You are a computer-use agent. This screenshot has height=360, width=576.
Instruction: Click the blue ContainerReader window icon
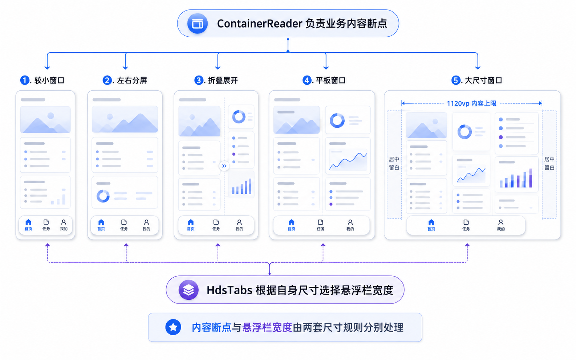click(197, 23)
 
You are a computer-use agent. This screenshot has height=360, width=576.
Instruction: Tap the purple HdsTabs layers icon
click(188, 290)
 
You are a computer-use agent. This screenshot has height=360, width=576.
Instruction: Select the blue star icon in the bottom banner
click(173, 327)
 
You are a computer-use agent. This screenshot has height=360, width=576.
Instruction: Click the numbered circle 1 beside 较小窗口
click(25, 80)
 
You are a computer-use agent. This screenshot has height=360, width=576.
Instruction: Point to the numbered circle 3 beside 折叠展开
click(199, 80)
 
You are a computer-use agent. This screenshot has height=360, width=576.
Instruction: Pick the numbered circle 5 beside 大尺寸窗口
click(456, 80)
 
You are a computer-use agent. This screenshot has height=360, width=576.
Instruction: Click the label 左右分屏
click(132, 81)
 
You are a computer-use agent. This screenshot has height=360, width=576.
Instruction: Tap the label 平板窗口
click(330, 81)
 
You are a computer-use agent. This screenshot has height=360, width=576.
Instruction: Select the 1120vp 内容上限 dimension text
click(472, 103)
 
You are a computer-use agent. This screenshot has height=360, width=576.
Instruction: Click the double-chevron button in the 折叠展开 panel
click(224, 166)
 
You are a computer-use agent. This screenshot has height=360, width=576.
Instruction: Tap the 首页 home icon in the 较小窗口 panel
click(28, 222)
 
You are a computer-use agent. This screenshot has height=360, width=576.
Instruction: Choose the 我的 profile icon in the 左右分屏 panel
click(146, 222)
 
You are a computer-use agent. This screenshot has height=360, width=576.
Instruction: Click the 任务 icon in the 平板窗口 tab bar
click(320, 222)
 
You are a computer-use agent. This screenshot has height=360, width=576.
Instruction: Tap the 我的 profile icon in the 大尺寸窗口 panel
click(501, 222)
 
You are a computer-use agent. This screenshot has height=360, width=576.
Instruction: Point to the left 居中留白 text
click(394, 163)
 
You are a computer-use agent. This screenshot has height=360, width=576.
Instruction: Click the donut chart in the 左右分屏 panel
click(103, 196)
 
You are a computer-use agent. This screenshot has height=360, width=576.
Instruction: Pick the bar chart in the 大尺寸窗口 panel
click(516, 178)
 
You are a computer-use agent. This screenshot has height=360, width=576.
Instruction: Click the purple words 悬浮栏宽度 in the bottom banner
click(267, 327)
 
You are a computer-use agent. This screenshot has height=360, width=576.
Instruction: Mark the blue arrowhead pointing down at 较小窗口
click(47, 67)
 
